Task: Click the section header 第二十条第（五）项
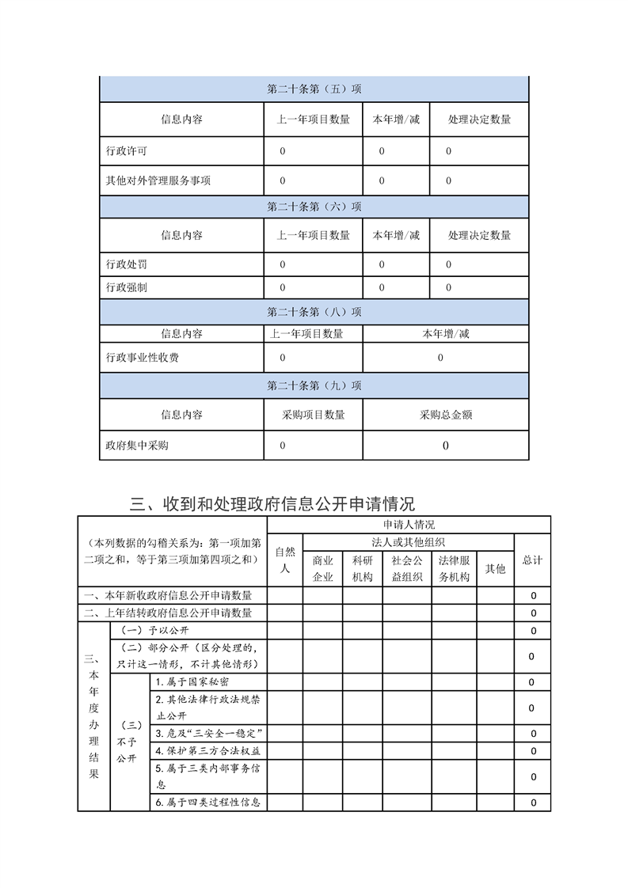point(314,89)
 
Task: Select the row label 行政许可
point(126,151)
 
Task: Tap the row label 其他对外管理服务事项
point(158,180)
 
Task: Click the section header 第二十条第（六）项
point(314,207)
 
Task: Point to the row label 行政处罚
point(126,264)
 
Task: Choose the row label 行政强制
point(126,287)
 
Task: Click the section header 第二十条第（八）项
point(314,312)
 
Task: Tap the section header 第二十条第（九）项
point(314,385)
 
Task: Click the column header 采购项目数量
point(313,415)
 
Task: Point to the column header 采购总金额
point(446,415)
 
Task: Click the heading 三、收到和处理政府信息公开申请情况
point(272,504)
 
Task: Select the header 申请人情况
point(409,524)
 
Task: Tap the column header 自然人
point(285,560)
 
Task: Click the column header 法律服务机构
point(455,568)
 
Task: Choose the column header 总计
point(532,560)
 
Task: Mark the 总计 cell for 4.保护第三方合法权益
point(533,751)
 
